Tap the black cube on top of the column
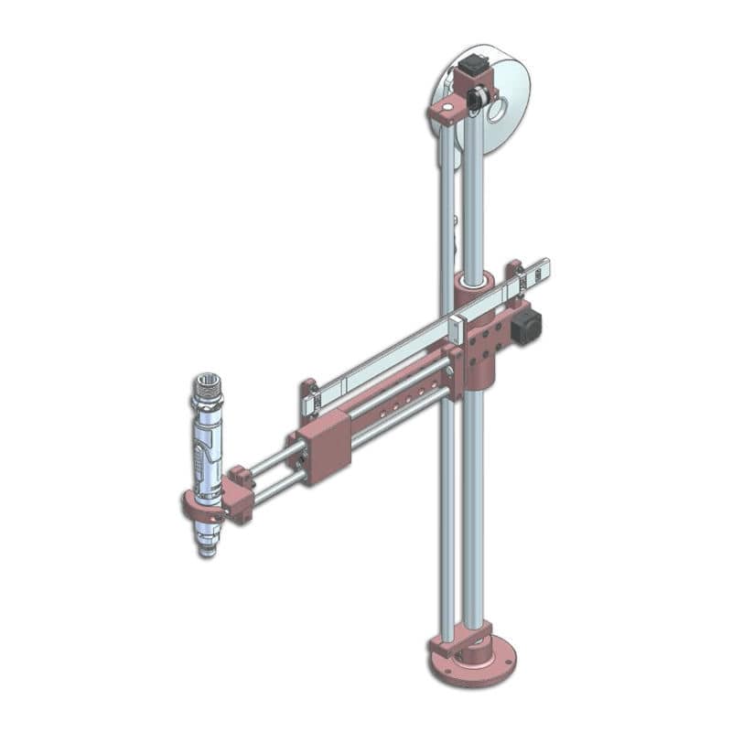click(473, 66)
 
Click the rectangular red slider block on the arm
click(325, 446)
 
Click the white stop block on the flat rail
click(457, 328)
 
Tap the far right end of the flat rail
click(544, 267)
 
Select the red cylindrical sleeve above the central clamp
click(474, 285)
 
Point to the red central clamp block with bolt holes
click(485, 343)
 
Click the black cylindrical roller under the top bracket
click(475, 100)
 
